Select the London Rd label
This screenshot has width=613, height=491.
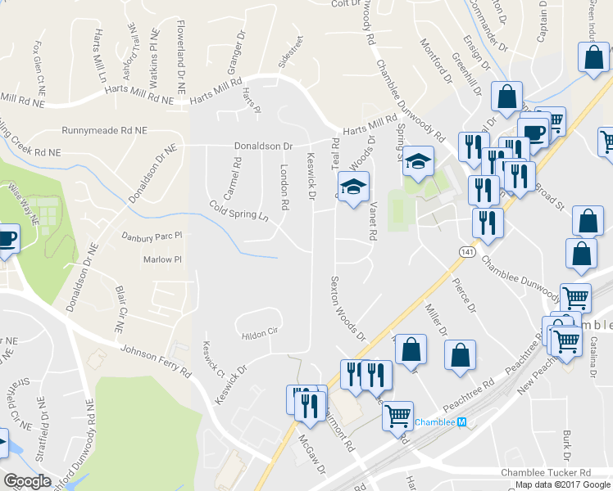[x=284, y=191]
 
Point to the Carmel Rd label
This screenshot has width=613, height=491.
[x=237, y=173]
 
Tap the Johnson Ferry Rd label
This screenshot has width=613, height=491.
[x=156, y=361]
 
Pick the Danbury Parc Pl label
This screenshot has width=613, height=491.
[x=150, y=237]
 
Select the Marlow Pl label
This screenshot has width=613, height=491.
[x=161, y=259]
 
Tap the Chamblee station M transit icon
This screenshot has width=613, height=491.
[x=461, y=422]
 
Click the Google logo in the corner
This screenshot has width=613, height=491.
[x=28, y=481]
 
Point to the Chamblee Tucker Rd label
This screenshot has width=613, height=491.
[x=545, y=473]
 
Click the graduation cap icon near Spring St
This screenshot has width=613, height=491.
[x=418, y=161]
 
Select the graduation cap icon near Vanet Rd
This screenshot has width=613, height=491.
[x=354, y=187]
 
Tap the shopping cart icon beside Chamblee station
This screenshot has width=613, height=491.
[x=397, y=415]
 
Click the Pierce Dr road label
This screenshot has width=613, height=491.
[x=464, y=295]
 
